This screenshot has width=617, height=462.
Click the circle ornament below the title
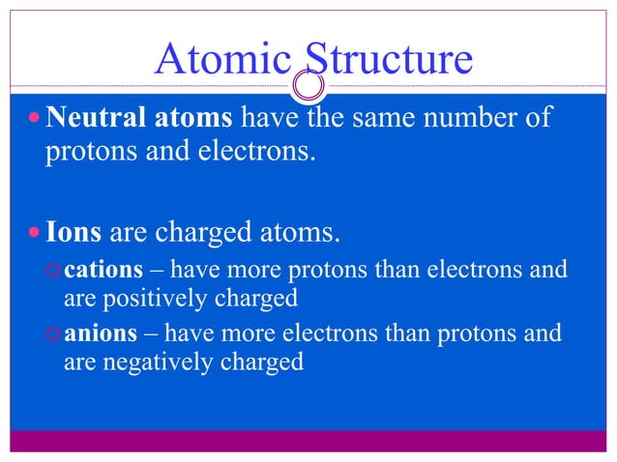coord(309,86)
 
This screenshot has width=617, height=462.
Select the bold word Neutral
coord(92,120)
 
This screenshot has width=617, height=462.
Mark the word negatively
coord(163,362)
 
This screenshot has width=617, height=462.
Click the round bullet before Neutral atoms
coord(34,121)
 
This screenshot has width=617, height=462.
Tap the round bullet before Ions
coord(34,233)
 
